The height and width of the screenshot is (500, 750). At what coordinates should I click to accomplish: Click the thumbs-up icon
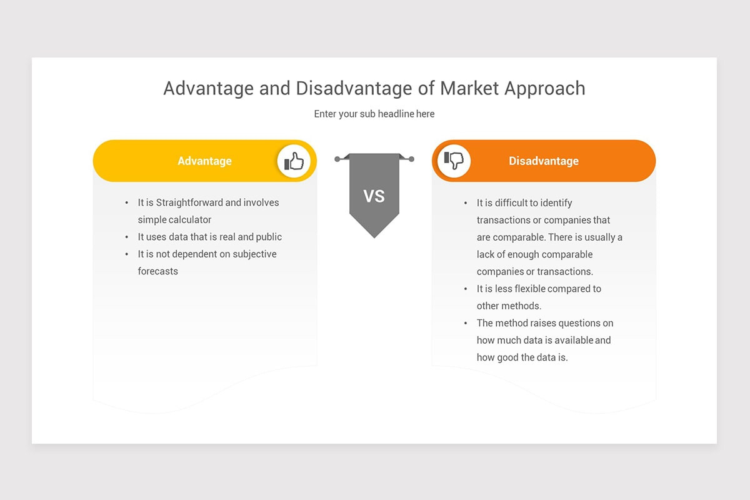[x=294, y=161]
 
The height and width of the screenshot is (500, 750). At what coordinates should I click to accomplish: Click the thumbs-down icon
[x=454, y=161]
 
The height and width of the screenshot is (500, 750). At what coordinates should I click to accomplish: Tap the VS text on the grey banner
[x=374, y=196]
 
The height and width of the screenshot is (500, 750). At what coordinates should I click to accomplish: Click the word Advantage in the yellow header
[x=204, y=161]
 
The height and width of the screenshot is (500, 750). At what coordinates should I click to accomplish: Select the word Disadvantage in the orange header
[x=543, y=161]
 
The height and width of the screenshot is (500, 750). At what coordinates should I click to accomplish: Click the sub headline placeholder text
[x=374, y=114]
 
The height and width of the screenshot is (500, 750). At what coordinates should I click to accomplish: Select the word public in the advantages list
[x=269, y=237]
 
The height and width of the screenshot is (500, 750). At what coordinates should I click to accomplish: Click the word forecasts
[x=158, y=271]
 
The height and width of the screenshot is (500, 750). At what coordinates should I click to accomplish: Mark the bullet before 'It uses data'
[x=127, y=237]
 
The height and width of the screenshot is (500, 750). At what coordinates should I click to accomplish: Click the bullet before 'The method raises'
[x=466, y=323]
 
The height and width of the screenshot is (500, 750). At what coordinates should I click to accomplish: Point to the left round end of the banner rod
[x=337, y=159]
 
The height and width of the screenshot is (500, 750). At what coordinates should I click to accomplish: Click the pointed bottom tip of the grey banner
[x=374, y=237]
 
